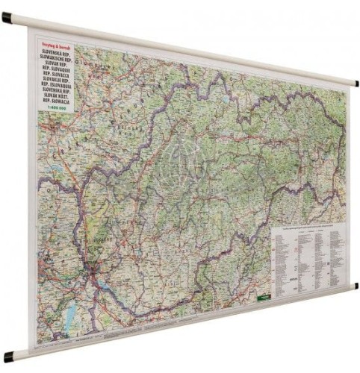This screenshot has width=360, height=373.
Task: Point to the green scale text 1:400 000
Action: pos(56,110)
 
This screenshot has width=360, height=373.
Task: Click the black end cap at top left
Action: pos(7,17)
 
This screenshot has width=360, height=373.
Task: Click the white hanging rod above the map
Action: pos(187,48)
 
